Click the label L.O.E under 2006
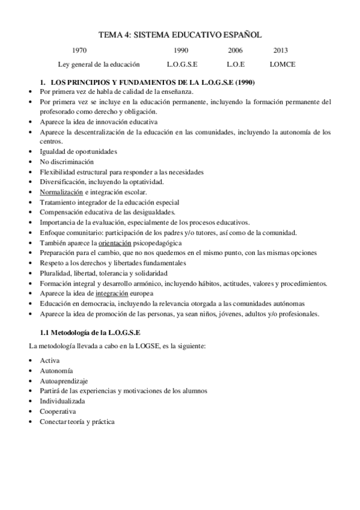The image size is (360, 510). [x=236, y=64]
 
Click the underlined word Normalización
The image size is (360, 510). [x=61, y=192]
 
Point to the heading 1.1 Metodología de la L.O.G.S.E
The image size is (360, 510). [x=90, y=332]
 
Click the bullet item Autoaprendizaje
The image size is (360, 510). [x=63, y=380]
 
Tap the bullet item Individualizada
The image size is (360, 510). [x=62, y=401]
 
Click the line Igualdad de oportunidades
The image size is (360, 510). [x=78, y=151]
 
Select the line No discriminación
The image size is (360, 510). [x=67, y=161]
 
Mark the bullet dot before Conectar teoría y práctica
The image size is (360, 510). [x=31, y=422]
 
